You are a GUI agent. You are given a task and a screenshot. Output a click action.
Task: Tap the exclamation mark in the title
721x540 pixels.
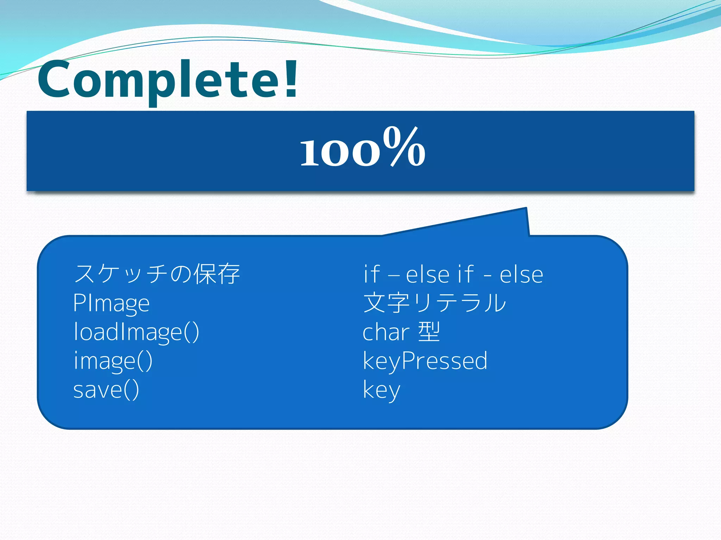(x=291, y=79)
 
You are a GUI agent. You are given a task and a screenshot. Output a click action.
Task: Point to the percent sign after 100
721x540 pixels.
(x=404, y=147)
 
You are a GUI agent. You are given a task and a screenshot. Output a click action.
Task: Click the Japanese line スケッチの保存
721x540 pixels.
(x=157, y=274)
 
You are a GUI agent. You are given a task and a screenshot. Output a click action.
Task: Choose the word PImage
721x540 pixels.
(x=111, y=303)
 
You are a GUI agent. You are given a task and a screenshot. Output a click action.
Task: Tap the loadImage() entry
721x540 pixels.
(x=136, y=332)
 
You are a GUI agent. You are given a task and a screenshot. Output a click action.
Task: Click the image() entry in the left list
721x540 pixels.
(x=113, y=361)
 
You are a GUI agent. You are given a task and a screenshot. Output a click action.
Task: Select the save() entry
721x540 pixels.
(x=106, y=390)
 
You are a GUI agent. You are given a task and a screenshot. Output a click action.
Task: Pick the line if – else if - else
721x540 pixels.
(x=453, y=274)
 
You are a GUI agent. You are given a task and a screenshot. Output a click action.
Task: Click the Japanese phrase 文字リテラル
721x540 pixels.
(x=434, y=303)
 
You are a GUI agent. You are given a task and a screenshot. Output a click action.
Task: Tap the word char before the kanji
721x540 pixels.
(x=385, y=332)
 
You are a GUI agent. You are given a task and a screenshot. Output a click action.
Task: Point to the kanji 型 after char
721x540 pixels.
(x=429, y=332)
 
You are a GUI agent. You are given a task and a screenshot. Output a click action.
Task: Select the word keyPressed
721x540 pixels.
(x=425, y=361)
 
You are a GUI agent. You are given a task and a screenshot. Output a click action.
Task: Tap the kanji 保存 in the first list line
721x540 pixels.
(x=217, y=274)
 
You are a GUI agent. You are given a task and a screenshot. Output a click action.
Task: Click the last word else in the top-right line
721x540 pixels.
(x=521, y=274)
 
